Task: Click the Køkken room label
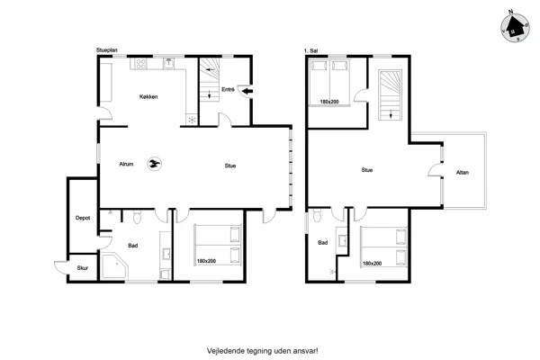pos(148,97)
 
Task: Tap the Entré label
pos(228,90)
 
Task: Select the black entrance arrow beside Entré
pos(247,91)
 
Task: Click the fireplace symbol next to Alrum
pos(155,164)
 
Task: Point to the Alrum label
pos(126,165)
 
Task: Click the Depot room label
pos(83,218)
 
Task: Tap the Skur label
pos(83,268)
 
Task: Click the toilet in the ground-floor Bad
pos(137,217)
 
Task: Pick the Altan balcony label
pos(463,173)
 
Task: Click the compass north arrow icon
pos(515,28)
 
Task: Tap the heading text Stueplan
pos(107,50)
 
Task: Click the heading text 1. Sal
pos(310,50)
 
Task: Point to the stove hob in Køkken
pos(140,63)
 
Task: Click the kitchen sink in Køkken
pos(169,63)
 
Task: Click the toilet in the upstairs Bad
pos(317,216)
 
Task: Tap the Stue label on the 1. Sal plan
pos(367,170)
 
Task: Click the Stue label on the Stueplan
pos(230,166)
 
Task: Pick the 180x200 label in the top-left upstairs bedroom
pos(329,102)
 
